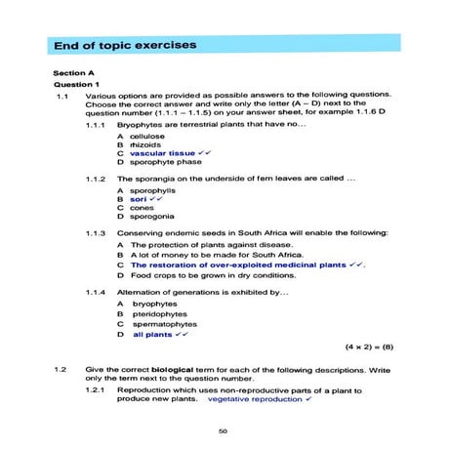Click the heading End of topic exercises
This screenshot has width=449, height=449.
click(124, 45)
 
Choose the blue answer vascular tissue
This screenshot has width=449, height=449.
click(162, 153)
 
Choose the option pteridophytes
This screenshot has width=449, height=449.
click(160, 314)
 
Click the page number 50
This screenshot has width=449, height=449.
click(224, 430)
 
